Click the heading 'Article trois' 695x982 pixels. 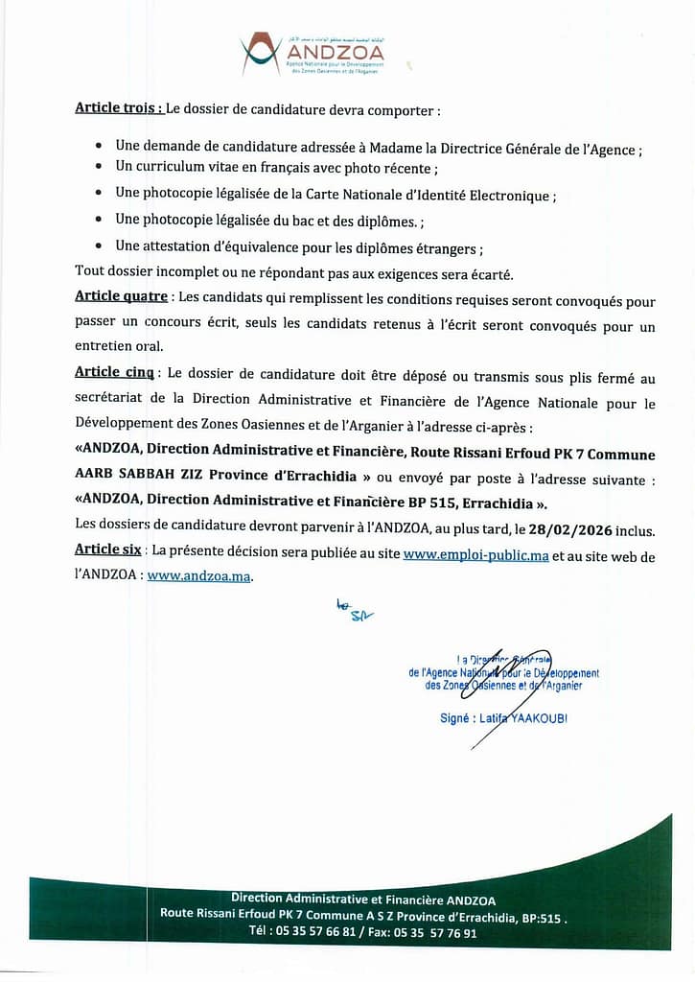(119, 108)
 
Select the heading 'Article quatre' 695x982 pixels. (121, 296)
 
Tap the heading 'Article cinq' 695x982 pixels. (115, 371)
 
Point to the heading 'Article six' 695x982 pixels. (107, 550)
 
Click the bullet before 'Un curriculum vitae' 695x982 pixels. (101, 168)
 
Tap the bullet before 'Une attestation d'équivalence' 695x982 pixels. (101, 245)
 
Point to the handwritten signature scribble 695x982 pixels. (518, 683)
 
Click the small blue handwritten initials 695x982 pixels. (354, 609)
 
